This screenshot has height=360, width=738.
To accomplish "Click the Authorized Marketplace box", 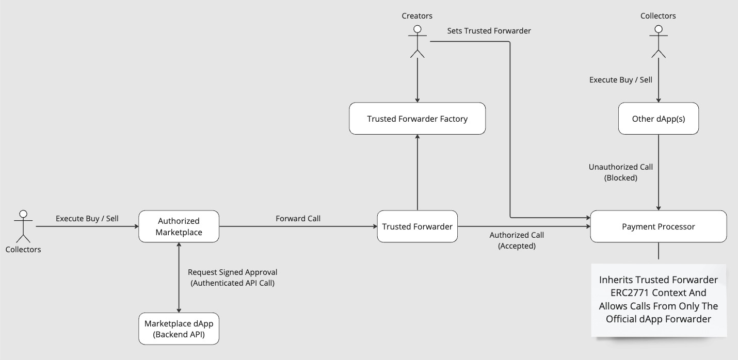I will pyautogui.click(x=179, y=226).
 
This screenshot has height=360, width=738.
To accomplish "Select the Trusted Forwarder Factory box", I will pyautogui.click(x=417, y=119).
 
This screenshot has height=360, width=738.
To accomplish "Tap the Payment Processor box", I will pyautogui.click(x=658, y=226).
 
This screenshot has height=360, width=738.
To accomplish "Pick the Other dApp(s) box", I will pyautogui.click(x=658, y=119).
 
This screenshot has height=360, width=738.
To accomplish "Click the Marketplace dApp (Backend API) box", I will pyautogui.click(x=179, y=329).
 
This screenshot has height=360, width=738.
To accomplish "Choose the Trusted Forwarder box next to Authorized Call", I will pyautogui.click(x=417, y=226).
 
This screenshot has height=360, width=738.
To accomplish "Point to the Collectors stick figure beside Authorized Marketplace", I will pyautogui.click(x=23, y=226).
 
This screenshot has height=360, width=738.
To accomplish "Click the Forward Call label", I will pyautogui.click(x=298, y=219).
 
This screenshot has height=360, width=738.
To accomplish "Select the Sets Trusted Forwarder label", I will pyautogui.click(x=489, y=31).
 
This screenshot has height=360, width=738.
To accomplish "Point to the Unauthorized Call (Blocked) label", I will pyautogui.click(x=621, y=172).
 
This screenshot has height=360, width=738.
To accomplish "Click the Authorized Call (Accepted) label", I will pyautogui.click(x=517, y=240).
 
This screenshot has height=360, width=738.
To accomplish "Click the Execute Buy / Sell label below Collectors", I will pyautogui.click(x=621, y=80).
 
